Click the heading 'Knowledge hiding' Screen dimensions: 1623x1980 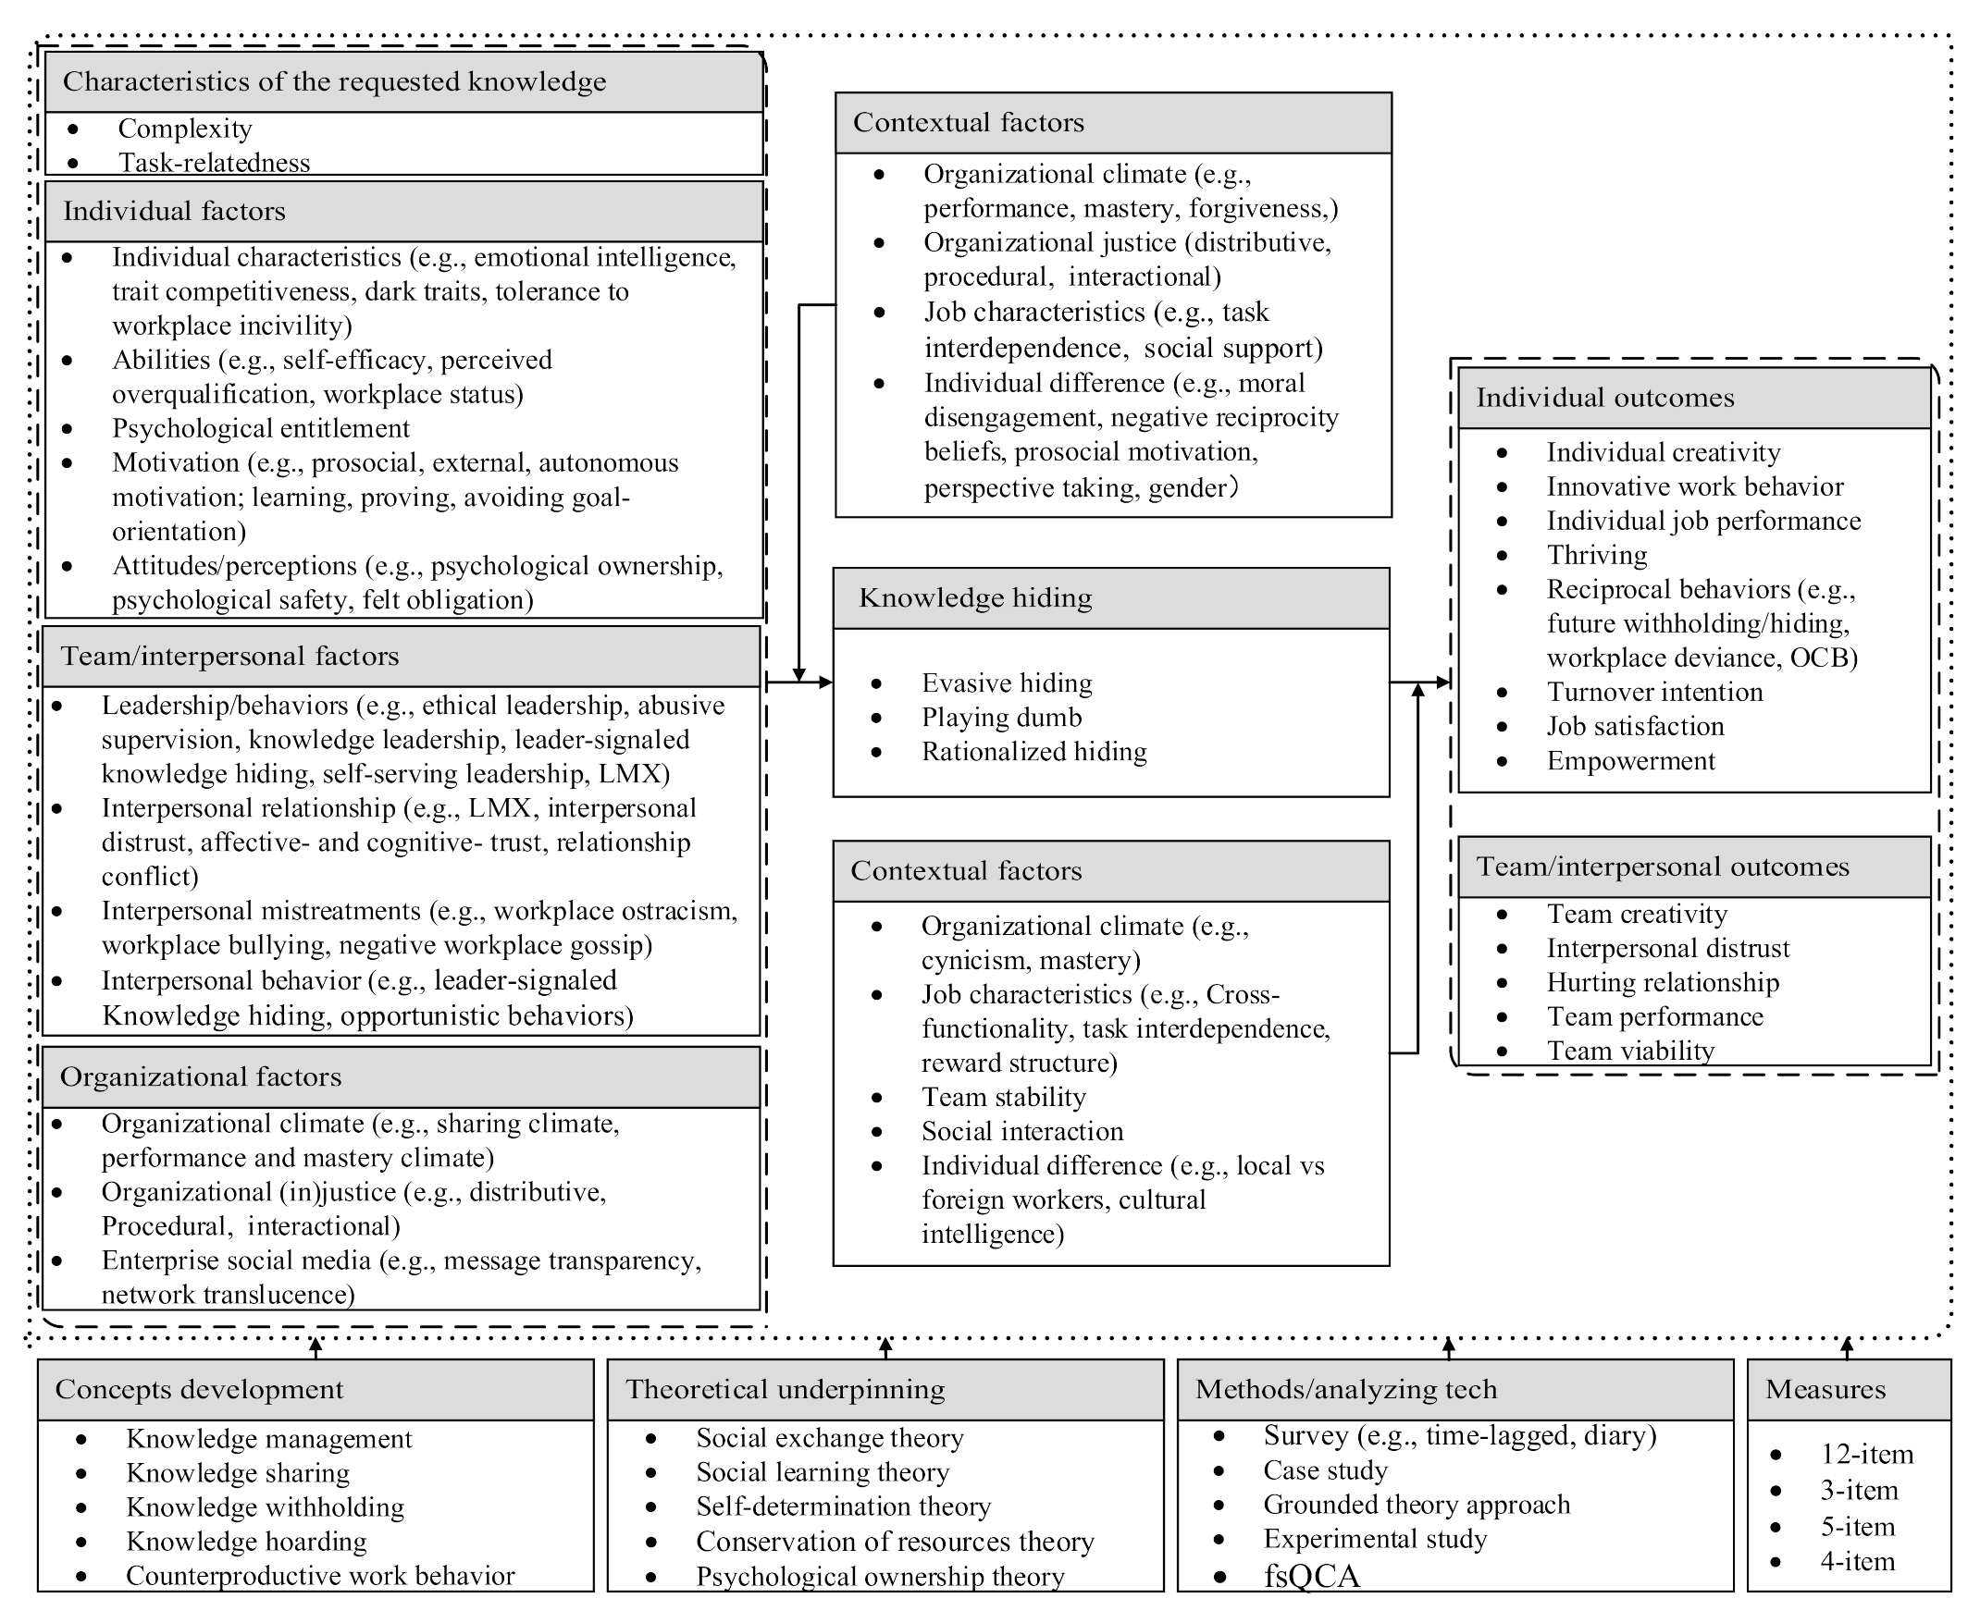pyautogui.click(x=974, y=598)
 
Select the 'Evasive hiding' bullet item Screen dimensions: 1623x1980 pyautogui.click(x=1007, y=683)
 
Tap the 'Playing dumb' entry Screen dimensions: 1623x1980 pyautogui.click(x=1001, y=718)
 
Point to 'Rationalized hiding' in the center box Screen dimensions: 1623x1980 pyautogui.click(x=1033, y=753)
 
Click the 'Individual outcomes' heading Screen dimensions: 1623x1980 pyautogui.click(x=1604, y=399)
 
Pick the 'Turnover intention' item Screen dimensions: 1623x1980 pyautogui.click(x=1653, y=693)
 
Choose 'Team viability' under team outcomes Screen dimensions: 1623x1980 pyautogui.click(x=1630, y=1051)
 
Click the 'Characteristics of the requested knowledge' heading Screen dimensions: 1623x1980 pyautogui.click(x=334, y=82)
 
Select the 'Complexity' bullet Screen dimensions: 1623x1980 pyautogui.click(x=184, y=129)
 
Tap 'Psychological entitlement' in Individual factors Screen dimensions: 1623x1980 pyautogui.click(x=260, y=429)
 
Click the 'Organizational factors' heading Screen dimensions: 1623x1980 pyautogui.click(x=200, y=1077)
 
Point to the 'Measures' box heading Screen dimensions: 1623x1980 pyautogui.click(x=1825, y=1390)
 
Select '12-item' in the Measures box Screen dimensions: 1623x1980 pyautogui.click(x=1866, y=1455)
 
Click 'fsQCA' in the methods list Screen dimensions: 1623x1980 pyautogui.click(x=1311, y=1577)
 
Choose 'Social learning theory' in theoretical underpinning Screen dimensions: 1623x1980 pyautogui.click(x=823, y=1472)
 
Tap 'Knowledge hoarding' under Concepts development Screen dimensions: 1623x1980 pyautogui.click(x=246, y=1542)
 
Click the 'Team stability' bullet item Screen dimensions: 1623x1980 pyautogui.click(x=1004, y=1098)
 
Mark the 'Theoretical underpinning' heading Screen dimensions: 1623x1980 pyautogui.click(x=785, y=1390)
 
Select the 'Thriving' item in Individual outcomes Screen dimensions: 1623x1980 pyautogui.click(x=1597, y=556)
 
